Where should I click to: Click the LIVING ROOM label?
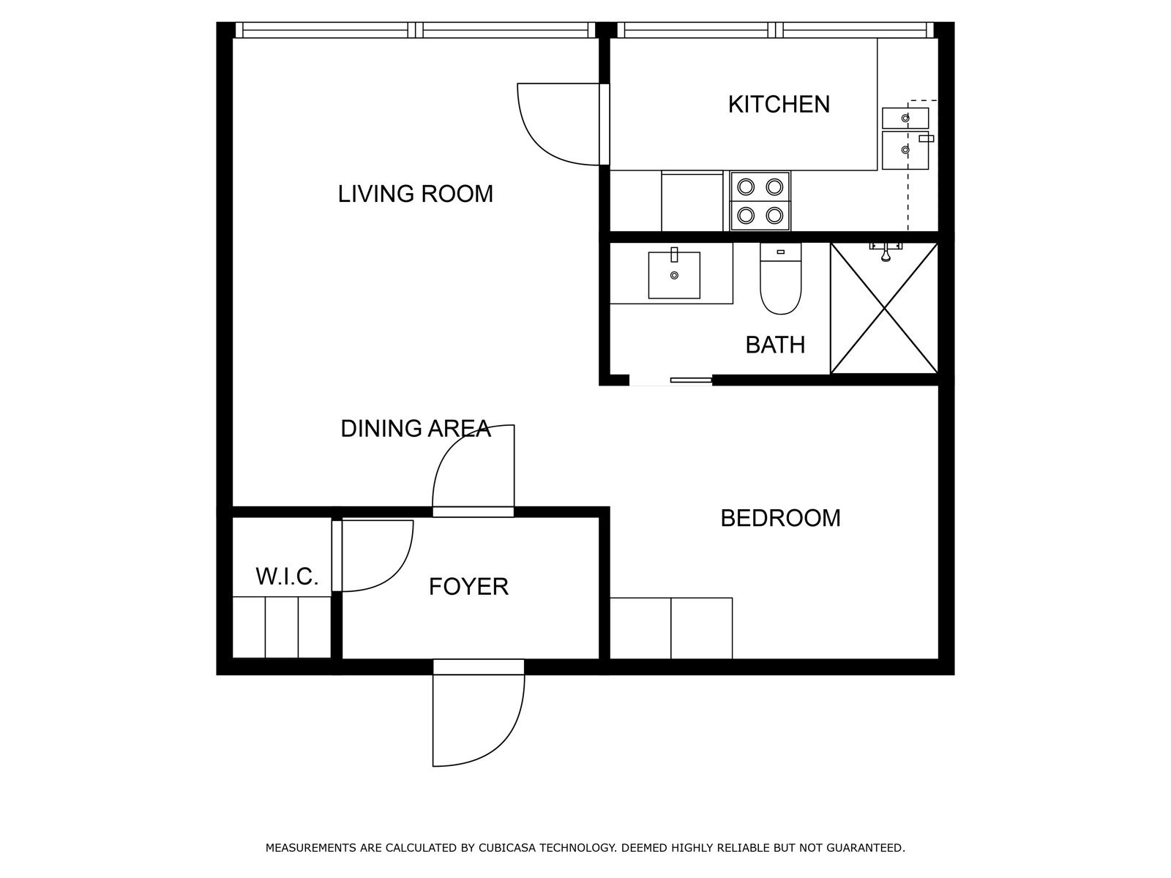pyautogui.click(x=415, y=194)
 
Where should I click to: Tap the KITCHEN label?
pyautogui.click(x=779, y=105)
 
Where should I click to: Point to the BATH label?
pyautogui.click(x=775, y=345)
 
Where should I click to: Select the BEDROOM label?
pyautogui.click(x=780, y=518)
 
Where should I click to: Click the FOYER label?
pyautogui.click(x=468, y=587)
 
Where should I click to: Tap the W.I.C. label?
pyautogui.click(x=287, y=577)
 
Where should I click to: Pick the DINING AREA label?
pyautogui.click(x=416, y=429)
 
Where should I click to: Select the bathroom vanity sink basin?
pyautogui.click(x=674, y=275)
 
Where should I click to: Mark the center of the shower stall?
pyautogui.click(x=884, y=308)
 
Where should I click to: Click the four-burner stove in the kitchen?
pyautogui.click(x=760, y=201)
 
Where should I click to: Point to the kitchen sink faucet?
pyautogui.click(x=926, y=138)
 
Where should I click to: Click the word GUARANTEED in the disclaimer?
pyautogui.click(x=865, y=847)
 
